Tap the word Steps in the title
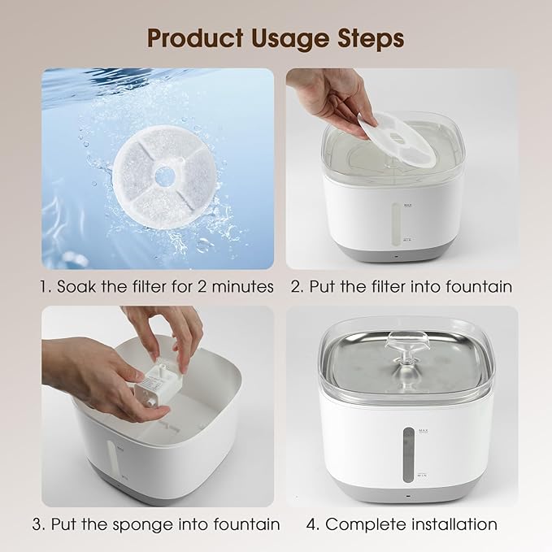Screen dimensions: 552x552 (372, 37)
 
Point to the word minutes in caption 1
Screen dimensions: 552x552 (239, 286)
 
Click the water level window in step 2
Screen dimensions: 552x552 (398, 223)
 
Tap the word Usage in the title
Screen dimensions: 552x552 (291, 37)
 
